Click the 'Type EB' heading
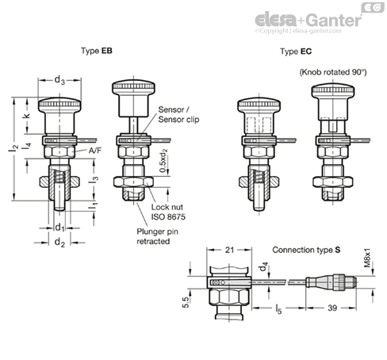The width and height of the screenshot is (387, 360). (97, 51)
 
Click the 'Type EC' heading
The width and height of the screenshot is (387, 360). (296, 52)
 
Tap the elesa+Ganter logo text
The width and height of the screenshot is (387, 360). (308, 20)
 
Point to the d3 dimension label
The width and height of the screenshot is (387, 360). (59, 80)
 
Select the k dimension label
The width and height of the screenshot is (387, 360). (26, 116)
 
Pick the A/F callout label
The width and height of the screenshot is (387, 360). (95, 151)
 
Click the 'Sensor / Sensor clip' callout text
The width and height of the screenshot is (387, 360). (178, 114)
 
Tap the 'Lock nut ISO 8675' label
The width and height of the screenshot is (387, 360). (168, 212)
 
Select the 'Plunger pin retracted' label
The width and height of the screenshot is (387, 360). (157, 236)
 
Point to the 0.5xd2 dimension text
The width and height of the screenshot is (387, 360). (163, 161)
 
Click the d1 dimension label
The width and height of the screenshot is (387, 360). (60, 228)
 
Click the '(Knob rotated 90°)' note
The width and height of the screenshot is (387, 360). (333, 72)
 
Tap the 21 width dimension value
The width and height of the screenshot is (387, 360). (229, 250)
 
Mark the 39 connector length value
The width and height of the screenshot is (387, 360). (332, 308)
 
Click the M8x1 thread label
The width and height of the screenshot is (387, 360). (367, 258)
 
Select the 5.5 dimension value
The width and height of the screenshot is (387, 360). (186, 302)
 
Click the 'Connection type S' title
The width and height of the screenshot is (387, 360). (306, 250)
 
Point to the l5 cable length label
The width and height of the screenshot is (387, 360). (278, 308)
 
